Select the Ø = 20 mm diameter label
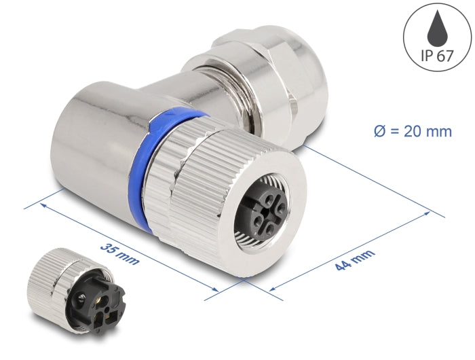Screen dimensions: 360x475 [412, 131]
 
